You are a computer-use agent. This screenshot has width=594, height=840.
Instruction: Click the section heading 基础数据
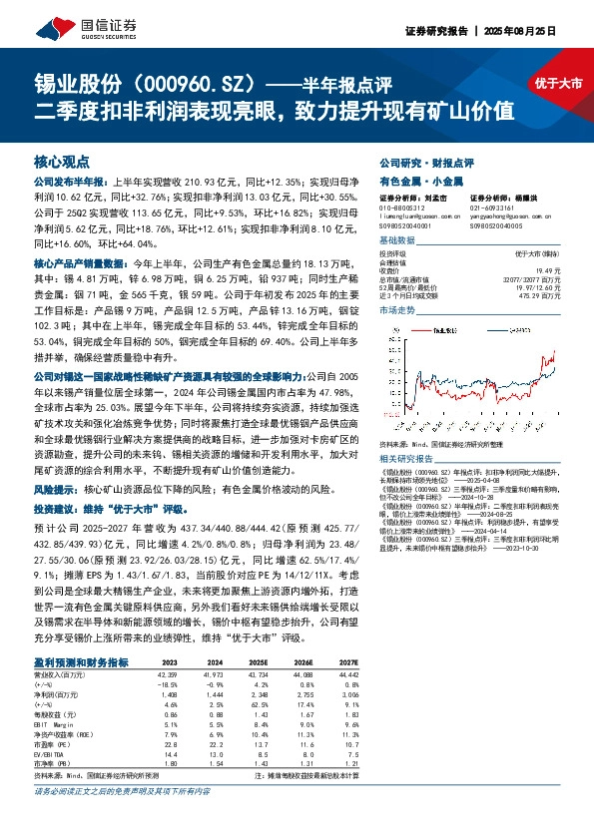point(397,241)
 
